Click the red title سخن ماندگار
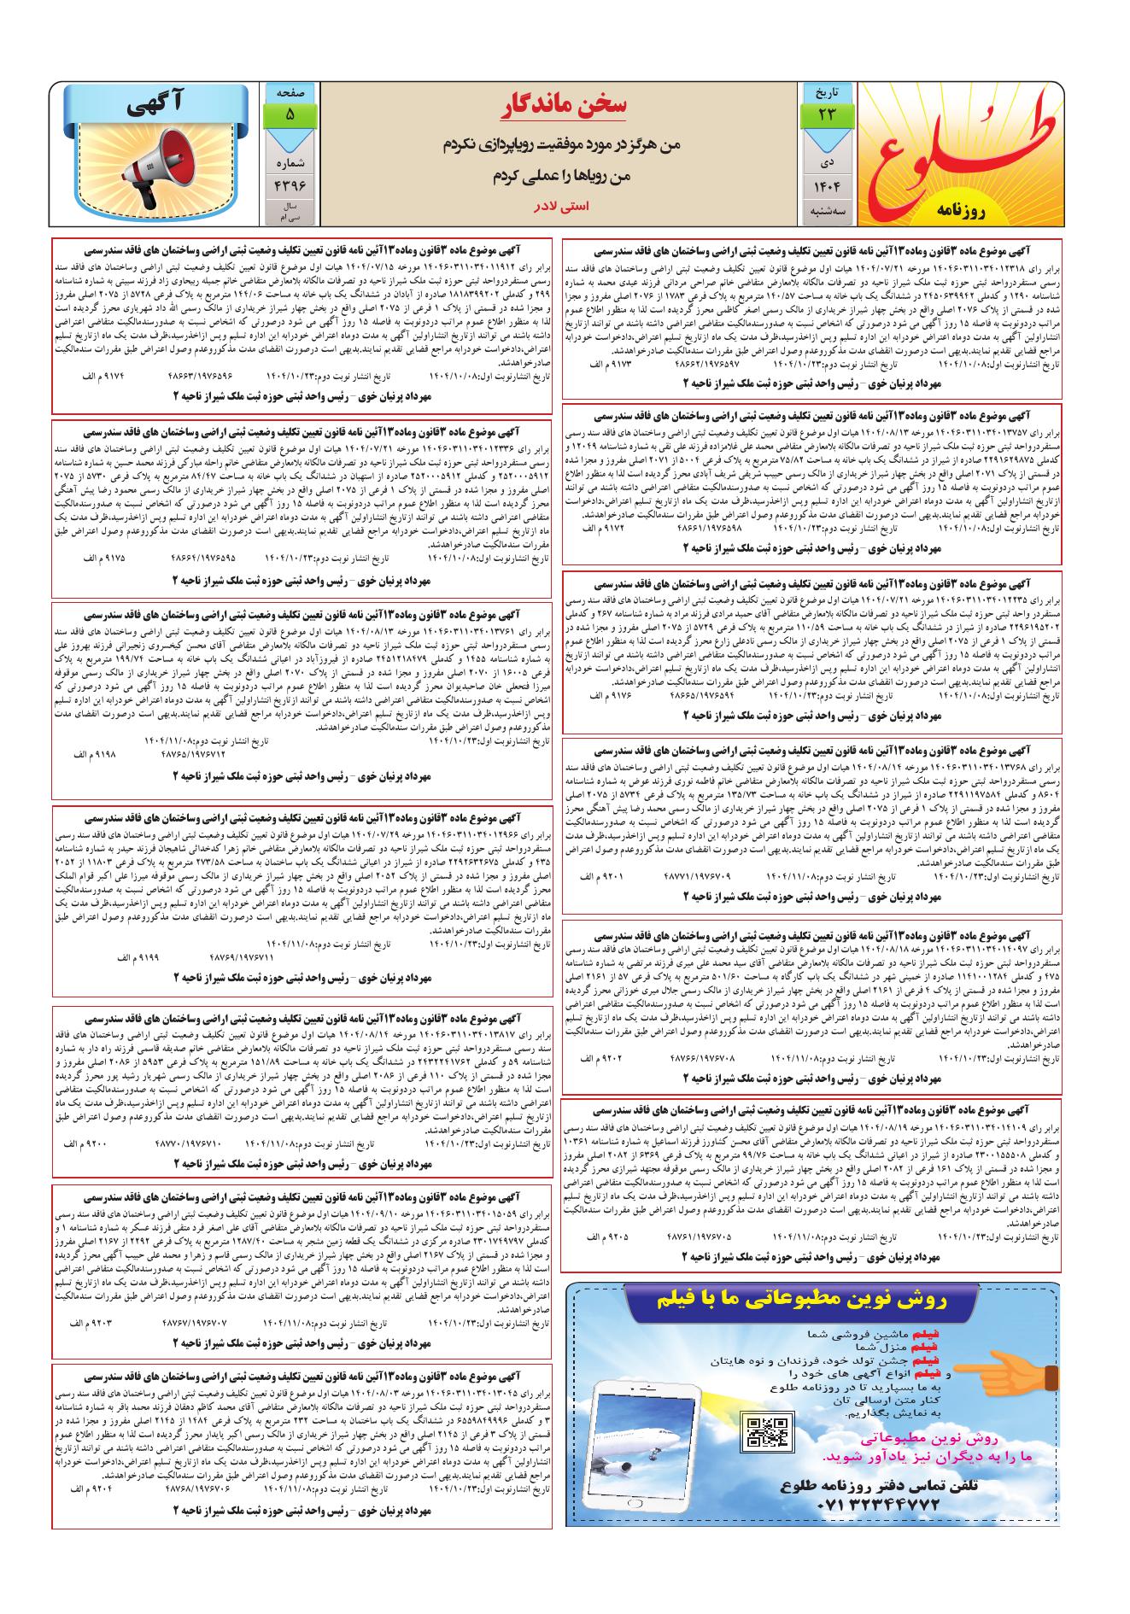click(565, 104)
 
